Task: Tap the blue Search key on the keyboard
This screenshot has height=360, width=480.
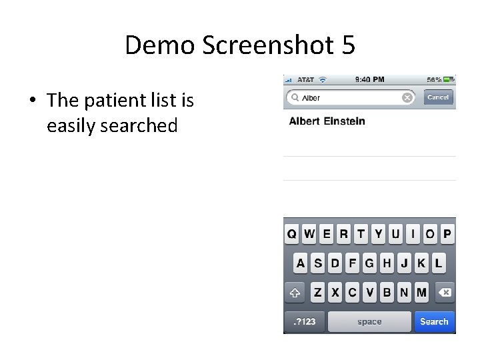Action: point(434,321)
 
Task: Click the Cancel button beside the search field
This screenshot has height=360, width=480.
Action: point(438,97)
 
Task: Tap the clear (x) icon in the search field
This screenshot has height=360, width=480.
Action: point(407,97)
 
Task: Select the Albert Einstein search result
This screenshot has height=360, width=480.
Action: point(327,121)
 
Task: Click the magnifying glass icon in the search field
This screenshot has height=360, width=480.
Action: point(294,97)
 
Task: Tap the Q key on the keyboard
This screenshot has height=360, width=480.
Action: point(292,234)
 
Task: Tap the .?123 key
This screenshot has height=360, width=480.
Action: point(305,321)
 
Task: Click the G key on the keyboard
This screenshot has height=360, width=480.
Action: point(369,263)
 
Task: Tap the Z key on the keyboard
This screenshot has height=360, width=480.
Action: point(318,292)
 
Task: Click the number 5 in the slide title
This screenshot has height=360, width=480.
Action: point(347,45)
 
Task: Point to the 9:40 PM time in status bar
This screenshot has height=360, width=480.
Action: point(369,79)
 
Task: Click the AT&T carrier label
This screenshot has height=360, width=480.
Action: point(305,79)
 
